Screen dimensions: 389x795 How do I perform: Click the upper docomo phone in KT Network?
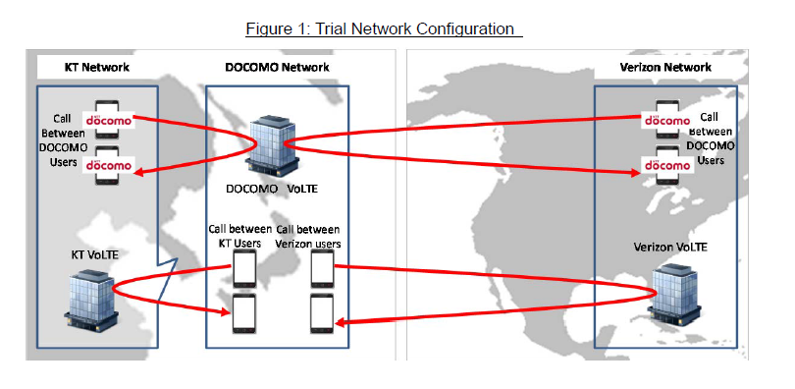[108, 118]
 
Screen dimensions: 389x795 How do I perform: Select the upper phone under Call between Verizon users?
[322, 266]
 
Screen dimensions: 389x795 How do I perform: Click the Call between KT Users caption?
[239, 236]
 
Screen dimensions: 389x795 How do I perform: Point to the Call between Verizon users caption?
[317, 236]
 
